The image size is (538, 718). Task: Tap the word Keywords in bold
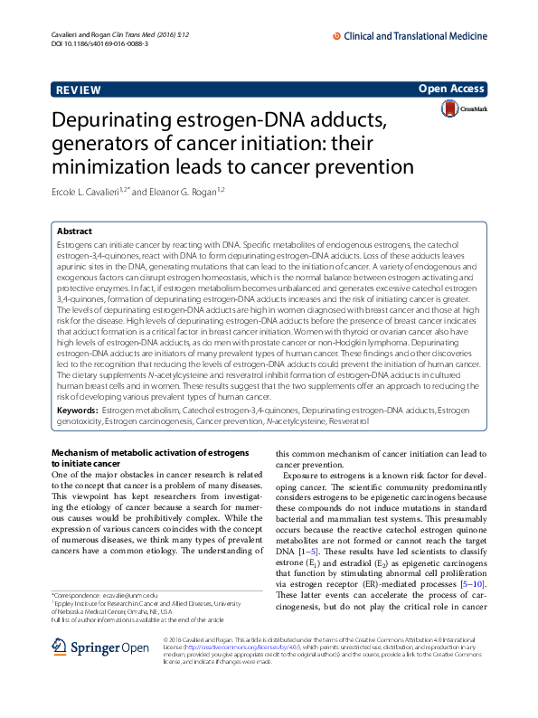tap(78, 411)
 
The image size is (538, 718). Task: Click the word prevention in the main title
tap(339, 166)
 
